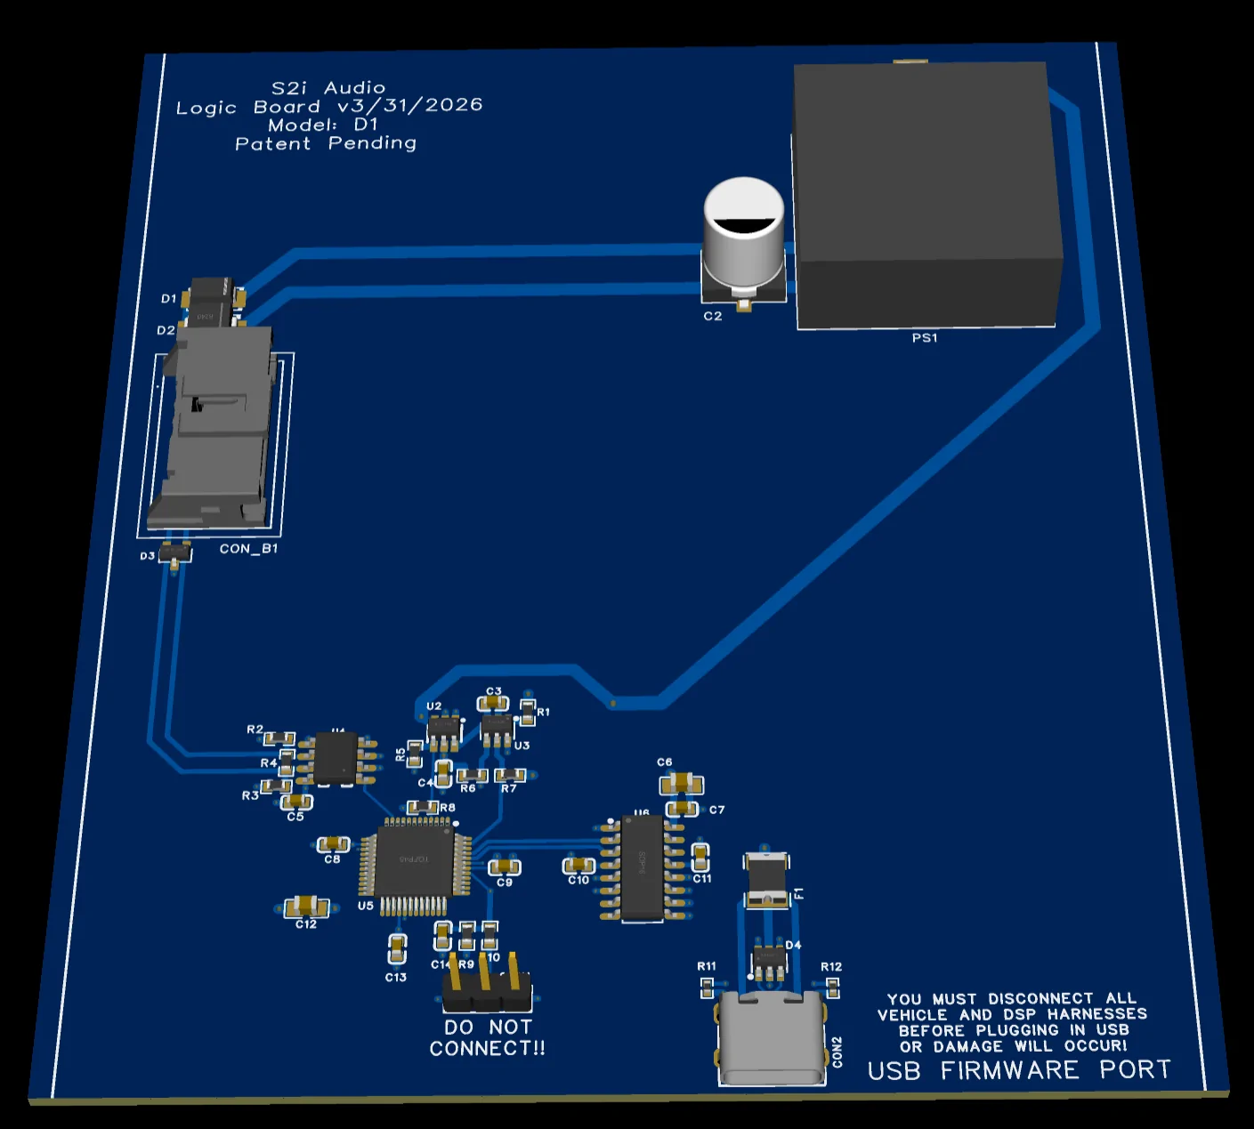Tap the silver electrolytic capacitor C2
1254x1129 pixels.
(744, 236)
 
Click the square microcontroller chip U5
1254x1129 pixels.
(414, 860)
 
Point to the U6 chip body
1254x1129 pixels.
(642, 867)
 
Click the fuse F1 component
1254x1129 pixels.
(766, 880)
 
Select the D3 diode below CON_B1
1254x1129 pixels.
(175, 552)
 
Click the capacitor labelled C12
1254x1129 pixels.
(307, 907)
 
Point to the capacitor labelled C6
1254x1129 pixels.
(682, 784)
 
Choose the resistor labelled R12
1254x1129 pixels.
(833, 986)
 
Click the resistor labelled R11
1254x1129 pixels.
(708, 986)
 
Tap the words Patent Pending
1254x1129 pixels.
(326, 143)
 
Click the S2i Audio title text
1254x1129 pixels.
(328, 88)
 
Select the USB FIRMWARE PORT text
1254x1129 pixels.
(1019, 1070)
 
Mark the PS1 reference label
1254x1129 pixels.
(925, 338)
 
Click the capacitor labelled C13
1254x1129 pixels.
(398, 948)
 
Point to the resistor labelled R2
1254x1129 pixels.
(279, 738)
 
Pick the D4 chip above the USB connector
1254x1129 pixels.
(770, 960)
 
